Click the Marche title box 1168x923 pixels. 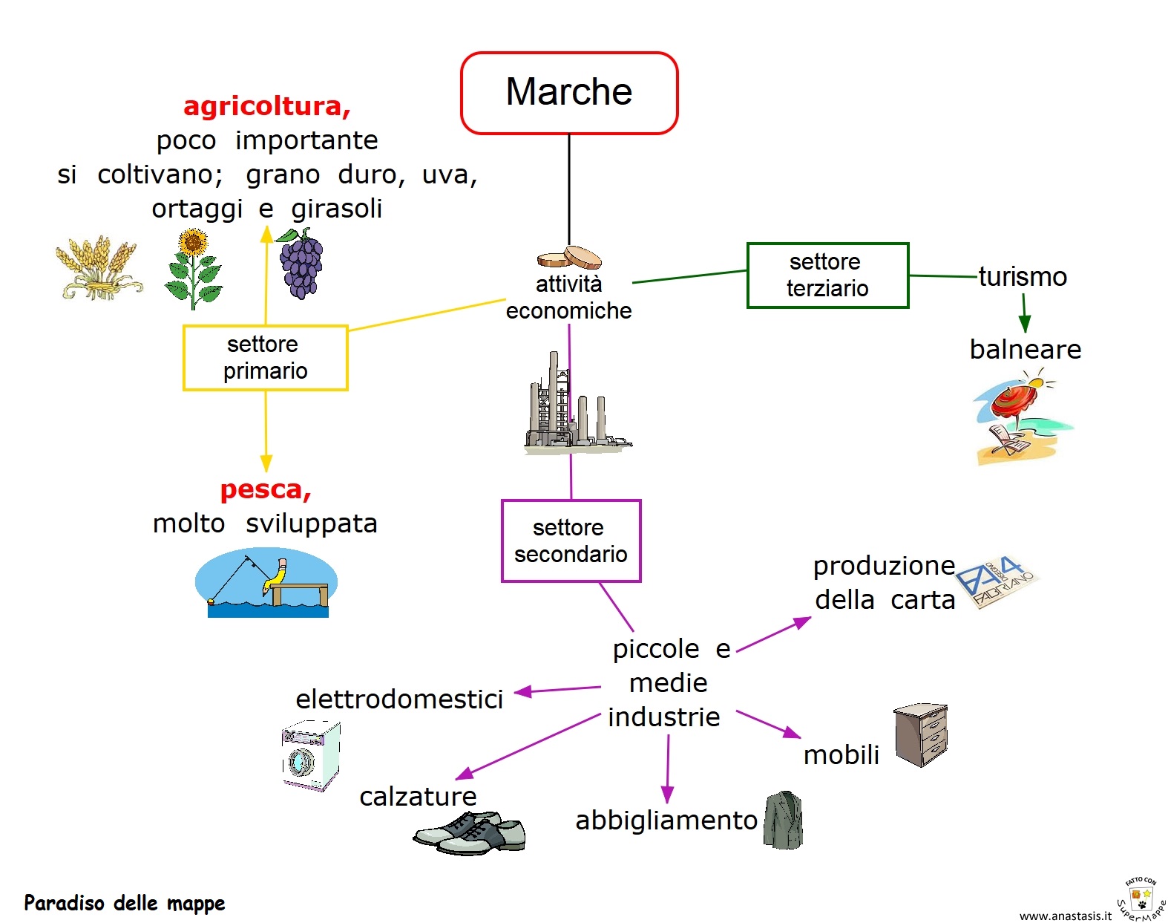pyautogui.click(x=569, y=93)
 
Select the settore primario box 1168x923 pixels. pyautogui.click(x=265, y=357)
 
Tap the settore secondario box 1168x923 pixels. pyautogui.click(x=571, y=541)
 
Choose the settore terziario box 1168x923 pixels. pyautogui.click(x=827, y=275)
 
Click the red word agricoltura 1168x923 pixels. pyautogui.click(x=266, y=106)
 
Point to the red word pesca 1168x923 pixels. pyautogui.click(x=265, y=489)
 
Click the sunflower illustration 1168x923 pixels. pyautogui.click(x=194, y=269)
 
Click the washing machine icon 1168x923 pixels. pyautogui.click(x=310, y=755)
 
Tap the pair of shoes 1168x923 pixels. pyautogui.click(x=470, y=832)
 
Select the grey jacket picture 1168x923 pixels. pyautogui.click(x=784, y=820)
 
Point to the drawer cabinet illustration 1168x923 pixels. pyautogui.click(x=921, y=734)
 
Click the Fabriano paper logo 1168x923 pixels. pyautogui.click(x=996, y=582)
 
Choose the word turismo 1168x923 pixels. pyautogui.click(x=1023, y=276)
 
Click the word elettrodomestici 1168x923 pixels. pyautogui.click(x=399, y=699)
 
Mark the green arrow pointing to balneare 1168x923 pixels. pyautogui.click(x=1024, y=313)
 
